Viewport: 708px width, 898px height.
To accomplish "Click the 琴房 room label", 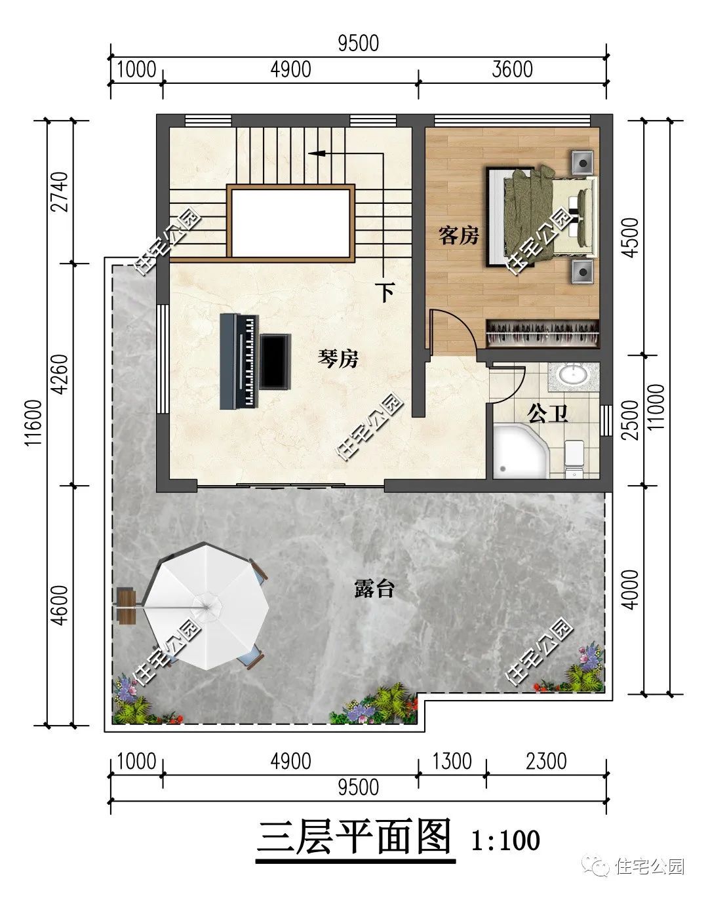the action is (338, 359).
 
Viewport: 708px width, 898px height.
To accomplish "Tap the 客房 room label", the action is (458, 236).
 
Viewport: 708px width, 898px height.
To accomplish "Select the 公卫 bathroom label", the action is (547, 414).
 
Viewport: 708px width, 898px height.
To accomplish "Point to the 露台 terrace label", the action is (374, 589).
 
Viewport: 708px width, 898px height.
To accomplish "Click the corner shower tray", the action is (520, 451).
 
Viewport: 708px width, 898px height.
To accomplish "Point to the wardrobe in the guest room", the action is (543, 334).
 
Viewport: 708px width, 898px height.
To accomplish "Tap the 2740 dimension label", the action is (60, 192).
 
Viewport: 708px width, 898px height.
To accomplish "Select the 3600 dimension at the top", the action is (512, 69).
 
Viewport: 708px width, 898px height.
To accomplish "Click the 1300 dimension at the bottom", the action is (452, 761).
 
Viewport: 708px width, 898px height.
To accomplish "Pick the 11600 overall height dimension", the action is (34, 423).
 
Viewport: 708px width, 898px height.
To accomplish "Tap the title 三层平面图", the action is (355, 837).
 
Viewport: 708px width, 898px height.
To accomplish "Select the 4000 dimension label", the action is (631, 590).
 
